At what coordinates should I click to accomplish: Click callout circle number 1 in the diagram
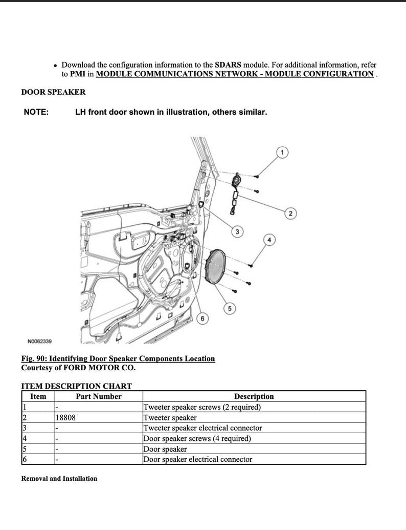pos(282,152)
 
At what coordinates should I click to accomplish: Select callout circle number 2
pos(289,214)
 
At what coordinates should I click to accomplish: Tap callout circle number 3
pos(237,232)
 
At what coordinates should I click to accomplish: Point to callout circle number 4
pos(270,240)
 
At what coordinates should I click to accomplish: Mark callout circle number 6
pos(202,319)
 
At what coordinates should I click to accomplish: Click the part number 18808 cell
pos(65,418)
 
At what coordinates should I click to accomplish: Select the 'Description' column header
pos(254,396)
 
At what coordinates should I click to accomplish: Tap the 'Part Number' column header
pos(99,396)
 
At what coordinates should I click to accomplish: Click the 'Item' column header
pos(38,396)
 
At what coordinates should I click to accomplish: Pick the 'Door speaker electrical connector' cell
pos(197,459)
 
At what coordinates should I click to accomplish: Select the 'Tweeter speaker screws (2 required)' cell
pos(202,407)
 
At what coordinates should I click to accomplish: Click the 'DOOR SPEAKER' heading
pos(53,92)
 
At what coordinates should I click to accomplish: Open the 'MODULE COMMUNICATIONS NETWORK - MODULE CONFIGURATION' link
pos(235,74)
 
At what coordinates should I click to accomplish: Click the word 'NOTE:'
pos(36,112)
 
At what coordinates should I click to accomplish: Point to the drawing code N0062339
pos(39,341)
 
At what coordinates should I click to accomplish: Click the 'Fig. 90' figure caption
pos(118,358)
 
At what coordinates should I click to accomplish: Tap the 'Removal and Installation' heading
pos(59,478)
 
